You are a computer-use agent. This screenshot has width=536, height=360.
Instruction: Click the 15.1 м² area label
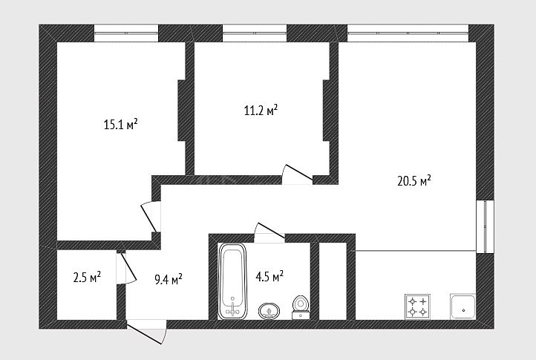click(121, 124)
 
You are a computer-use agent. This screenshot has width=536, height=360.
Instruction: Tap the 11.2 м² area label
click(261, 110)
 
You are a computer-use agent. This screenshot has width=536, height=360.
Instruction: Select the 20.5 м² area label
click(414, 180)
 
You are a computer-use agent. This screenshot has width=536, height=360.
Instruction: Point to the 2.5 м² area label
click(87, 277)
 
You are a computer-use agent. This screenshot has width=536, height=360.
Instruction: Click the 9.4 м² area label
click(169, 279)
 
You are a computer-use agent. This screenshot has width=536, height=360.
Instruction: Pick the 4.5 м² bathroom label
click(269, 276)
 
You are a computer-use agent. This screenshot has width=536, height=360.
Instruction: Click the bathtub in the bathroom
click(232, 281)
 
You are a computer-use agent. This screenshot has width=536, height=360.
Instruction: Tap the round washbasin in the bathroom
click(269, 311)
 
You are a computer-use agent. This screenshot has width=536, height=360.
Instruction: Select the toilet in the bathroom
click(301, 307)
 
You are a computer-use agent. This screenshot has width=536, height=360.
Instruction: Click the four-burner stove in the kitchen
click(418, 307)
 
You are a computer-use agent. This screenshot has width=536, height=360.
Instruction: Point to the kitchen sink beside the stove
click(463, 307)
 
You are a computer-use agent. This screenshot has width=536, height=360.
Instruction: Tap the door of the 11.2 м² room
click(298, 174)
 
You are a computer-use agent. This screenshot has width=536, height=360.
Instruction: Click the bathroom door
click(269, 232)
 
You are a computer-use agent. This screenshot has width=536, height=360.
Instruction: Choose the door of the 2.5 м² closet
click(126, 269)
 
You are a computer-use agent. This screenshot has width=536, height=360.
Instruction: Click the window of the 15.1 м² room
click(126, 33)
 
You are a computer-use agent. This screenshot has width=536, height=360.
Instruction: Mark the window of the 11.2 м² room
click(255, 33)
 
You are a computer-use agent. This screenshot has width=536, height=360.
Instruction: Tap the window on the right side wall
click(485, 226)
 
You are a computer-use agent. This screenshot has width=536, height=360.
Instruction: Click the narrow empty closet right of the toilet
click(333, 281)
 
